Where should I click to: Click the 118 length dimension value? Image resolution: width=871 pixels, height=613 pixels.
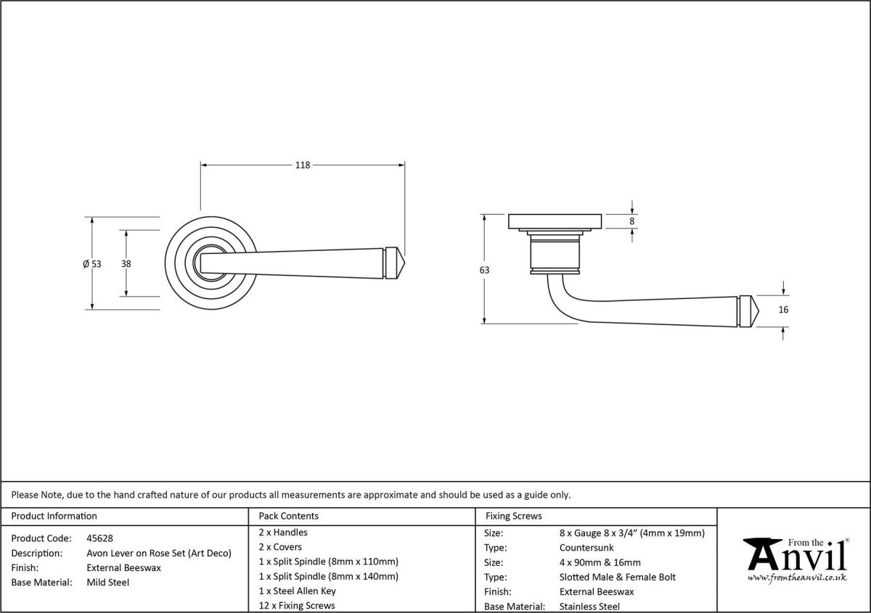[302, 165]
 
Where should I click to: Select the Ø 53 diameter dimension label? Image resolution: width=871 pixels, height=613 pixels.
[91, 264]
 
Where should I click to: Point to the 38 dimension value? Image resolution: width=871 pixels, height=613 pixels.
[126, 264]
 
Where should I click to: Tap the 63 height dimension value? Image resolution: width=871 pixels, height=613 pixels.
[484, 270]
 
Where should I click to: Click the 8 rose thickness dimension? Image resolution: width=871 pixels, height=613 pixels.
[632, 221]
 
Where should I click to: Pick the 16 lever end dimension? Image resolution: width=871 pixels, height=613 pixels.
[782, 310]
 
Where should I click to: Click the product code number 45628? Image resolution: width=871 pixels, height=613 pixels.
[99, 538]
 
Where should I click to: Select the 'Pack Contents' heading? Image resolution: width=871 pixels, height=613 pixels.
[288, 516]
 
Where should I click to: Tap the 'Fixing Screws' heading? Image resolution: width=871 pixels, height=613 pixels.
[513, 516]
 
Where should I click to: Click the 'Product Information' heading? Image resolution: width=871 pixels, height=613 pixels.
[54, 516]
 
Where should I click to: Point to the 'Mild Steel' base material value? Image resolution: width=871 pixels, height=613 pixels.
[107, 582]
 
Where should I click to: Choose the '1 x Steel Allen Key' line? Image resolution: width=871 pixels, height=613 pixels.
[297, 591]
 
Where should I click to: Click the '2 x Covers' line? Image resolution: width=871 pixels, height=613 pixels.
[279, 547]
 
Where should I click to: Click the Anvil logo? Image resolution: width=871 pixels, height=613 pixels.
[797, 555]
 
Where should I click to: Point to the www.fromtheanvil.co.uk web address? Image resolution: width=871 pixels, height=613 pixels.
[797, 578]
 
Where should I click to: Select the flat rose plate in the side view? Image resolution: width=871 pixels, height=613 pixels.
[555, 221]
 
